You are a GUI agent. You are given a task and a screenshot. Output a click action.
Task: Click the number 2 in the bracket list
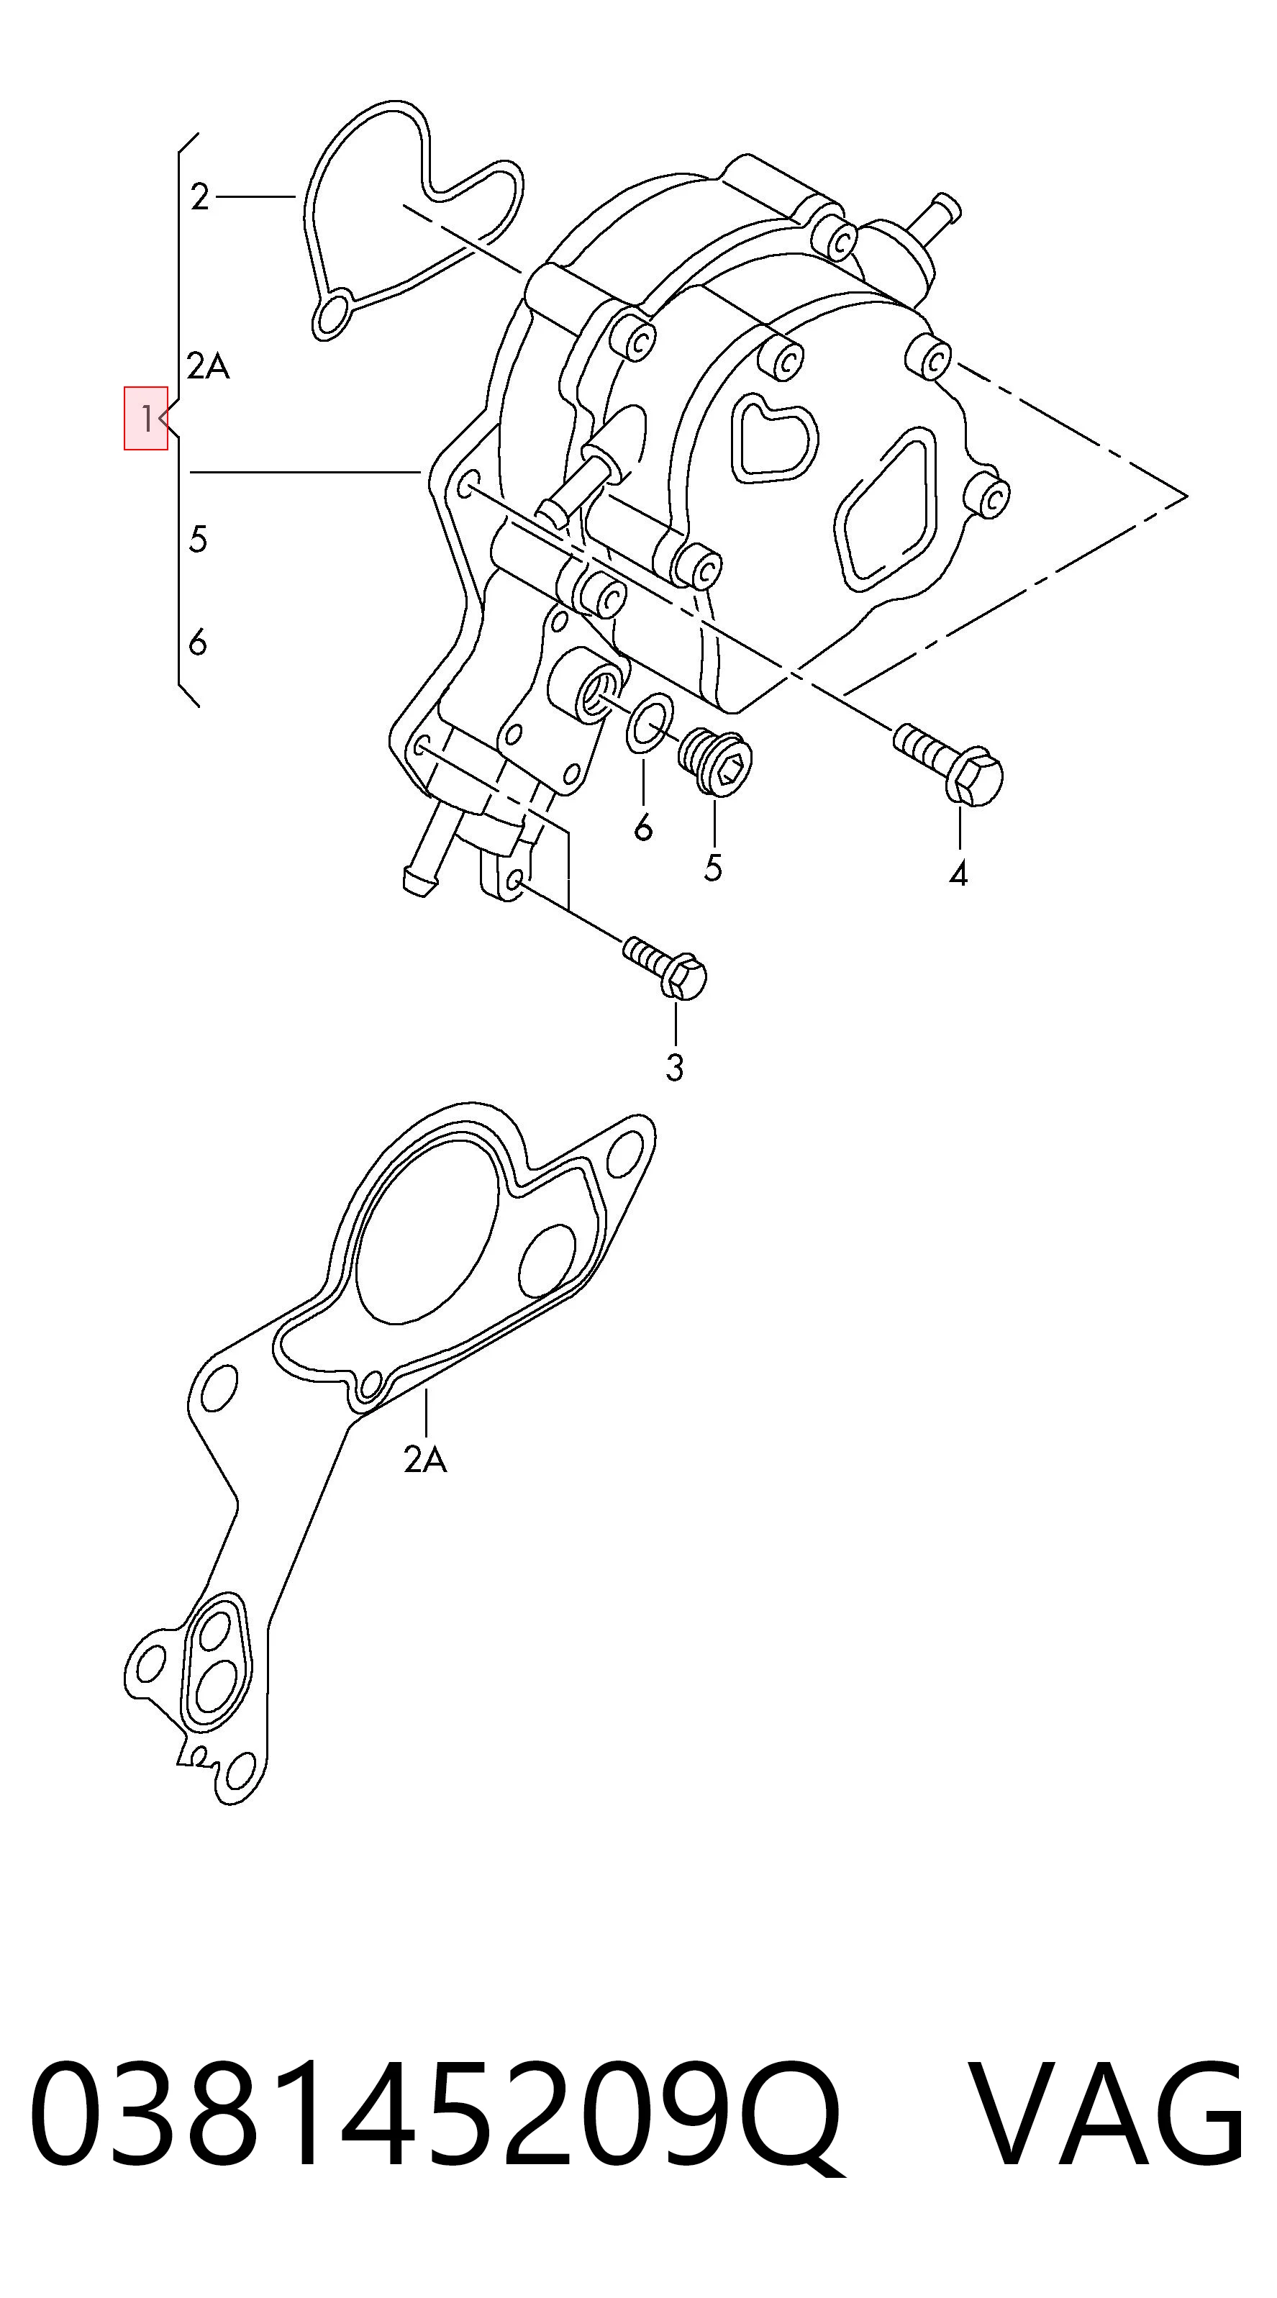200,196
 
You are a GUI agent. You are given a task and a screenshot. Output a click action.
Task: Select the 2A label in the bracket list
209,365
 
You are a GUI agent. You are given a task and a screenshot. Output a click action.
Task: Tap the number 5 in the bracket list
198,539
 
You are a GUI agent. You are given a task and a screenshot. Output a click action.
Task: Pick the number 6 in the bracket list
198,642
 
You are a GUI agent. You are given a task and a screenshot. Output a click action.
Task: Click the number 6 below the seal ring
643,828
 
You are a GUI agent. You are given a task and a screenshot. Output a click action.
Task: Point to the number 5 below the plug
712,867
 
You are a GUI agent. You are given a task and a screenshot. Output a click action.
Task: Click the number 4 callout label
958,874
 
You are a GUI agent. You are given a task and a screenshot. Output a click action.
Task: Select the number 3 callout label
675,1067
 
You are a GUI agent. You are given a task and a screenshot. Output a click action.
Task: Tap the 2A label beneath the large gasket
425,1459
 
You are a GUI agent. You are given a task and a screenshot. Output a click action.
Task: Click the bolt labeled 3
665,968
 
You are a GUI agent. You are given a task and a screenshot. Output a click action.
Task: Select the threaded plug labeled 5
715,760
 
